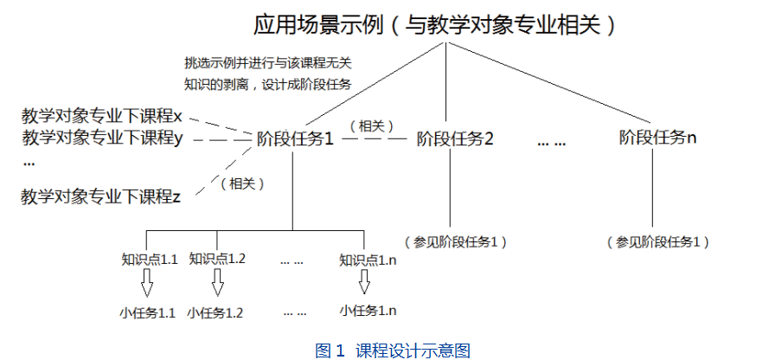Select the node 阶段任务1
pyautogui.click(x=296, y=138)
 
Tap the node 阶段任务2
pyautogui.click(x=455, y=138)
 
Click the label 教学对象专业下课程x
pyautogui.click(x=102, y=115)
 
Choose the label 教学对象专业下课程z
pyautogui.click(x=101, y=196)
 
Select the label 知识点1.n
pyautogui.click(x=368, y=259)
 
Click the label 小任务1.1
pyautogui.click(x=148, y=312)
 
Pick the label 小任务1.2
pyautogui.click(x=215, y=312)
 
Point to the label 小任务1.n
pyautogui.click(x=368, y=310)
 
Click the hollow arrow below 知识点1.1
pyautogui.click(x=147, y=283)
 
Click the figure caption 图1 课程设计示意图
pyautogui.click(x=392, y=350)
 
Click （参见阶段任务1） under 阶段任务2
pyautogui.click(x=455, y=241)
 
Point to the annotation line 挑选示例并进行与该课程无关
pyautogui.click(x=268, y=63)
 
